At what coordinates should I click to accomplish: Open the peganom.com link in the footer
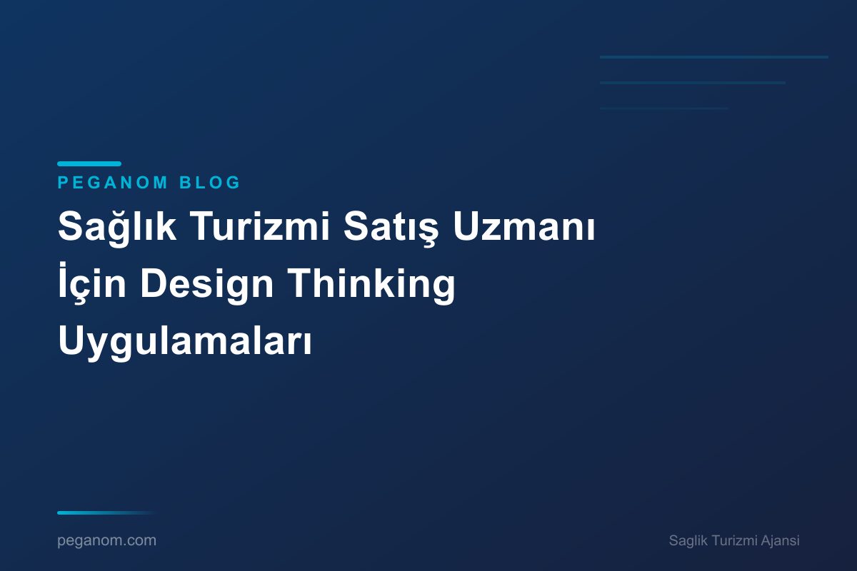pyautogui.click(x=106, y=541)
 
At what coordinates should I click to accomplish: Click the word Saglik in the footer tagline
pyautogui.click(x=688, y=541)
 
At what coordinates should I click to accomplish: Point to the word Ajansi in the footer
pyautogui.click(x=780, y=541)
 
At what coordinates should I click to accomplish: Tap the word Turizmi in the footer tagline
pyautogui.click(x=733, y=541)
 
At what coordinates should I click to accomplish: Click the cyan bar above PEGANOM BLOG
pyautogui.click(x=89, y=164)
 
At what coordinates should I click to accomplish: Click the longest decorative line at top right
pyautogui.click(x=714, y=57)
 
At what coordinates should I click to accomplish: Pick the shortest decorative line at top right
pyautogui.click(x=664, y=108)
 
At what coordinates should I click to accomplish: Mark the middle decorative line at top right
pyautogui.click(x=693, y=83)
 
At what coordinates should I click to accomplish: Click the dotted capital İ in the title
pyautogui.click(x=64, y=284)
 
